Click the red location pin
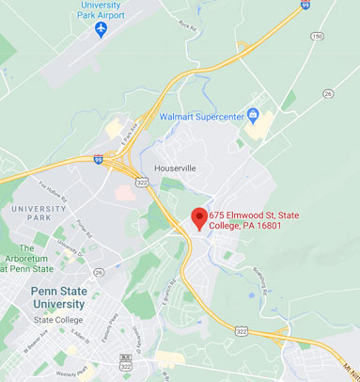tap(198, 218)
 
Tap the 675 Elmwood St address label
tap(254, 221)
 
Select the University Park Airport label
tap(101, 10)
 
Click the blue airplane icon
tap(101, 29)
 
